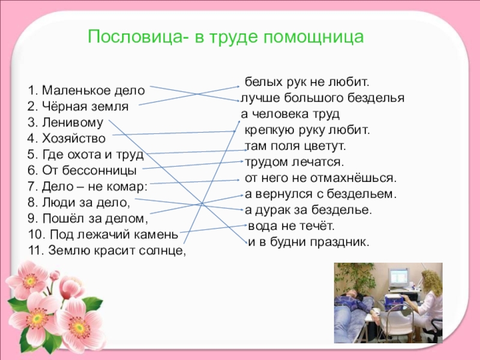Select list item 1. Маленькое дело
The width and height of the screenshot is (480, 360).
click(86, 91)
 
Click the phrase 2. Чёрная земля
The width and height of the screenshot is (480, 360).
click(78, 107)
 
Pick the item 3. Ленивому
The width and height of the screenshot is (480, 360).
click(65, 123)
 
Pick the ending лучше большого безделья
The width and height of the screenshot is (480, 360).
click(322, 97)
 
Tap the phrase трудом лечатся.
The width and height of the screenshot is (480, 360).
click(294, 162)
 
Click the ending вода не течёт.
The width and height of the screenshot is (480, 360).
click(291, 227)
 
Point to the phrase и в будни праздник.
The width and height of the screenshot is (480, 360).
click(309, 242)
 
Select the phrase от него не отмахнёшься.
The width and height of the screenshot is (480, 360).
click(320, 178)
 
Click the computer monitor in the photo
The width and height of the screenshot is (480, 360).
click(398, 278)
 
